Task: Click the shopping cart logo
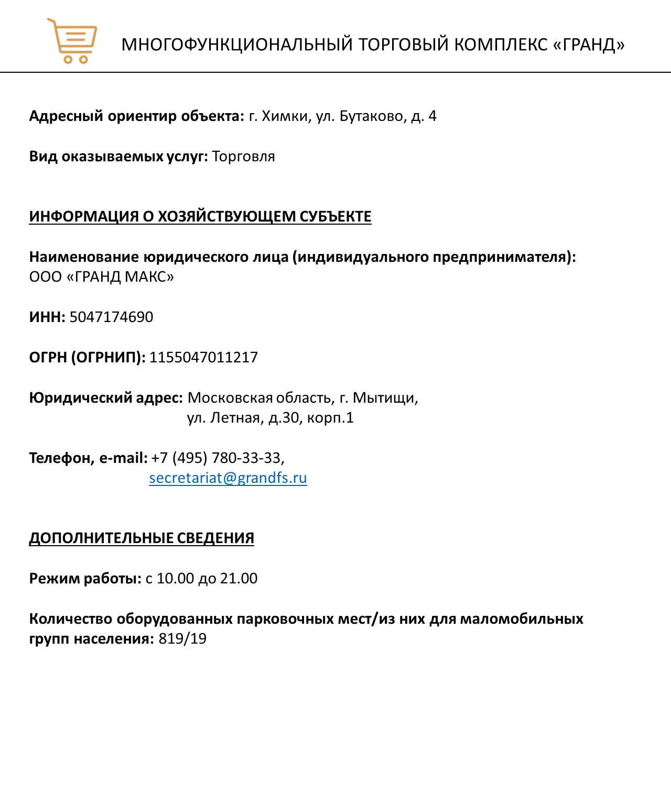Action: coord(72,41)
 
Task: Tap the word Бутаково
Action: coord(373,116)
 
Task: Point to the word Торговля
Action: coord(243,157)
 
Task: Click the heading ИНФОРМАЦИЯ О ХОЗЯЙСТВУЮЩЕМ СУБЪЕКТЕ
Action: coord(200,216)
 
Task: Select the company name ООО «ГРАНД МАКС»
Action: coord(102,277)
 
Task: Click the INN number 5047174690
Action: coord(111,317)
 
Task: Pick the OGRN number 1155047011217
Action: coord(203,357)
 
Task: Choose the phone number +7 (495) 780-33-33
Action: coord(217,458)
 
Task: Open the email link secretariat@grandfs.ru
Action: coord(228,478)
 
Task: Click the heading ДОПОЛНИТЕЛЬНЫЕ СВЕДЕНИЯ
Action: coord(142,538)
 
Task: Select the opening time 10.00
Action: coord(175,579)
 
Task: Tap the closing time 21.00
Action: coord(239,579)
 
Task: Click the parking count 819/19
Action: coord(182,639)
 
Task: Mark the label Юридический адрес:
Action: coord(106,398)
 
